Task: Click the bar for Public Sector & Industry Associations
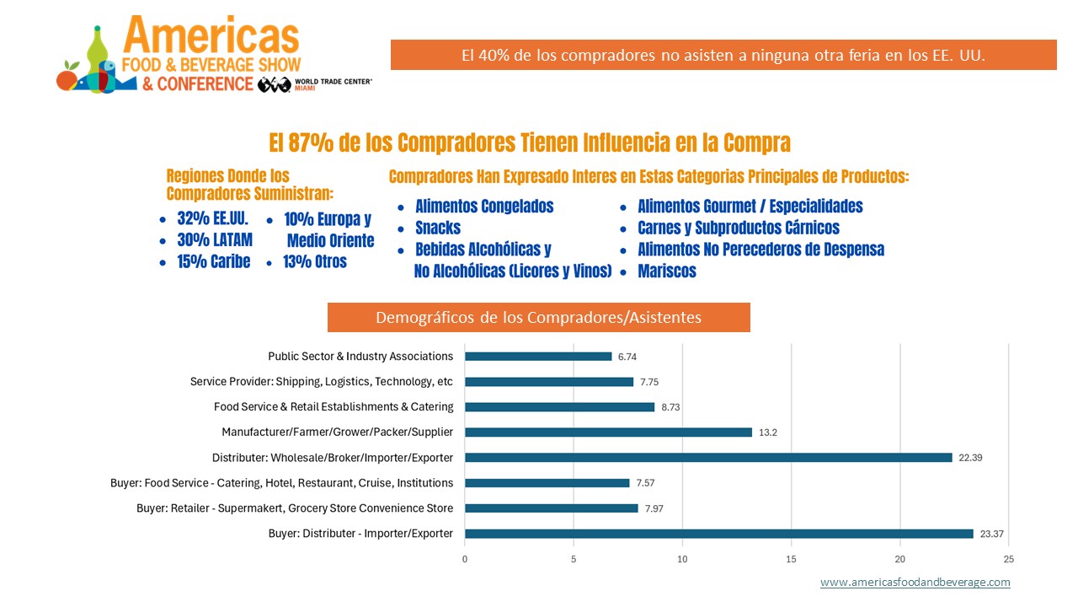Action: click(538, 357)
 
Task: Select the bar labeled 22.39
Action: click(708, 458)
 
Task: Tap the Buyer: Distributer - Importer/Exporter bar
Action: click(718, 534)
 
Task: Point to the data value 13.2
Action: click(767, 432)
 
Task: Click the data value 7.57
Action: click(646, 483)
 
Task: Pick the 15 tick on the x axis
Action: click(792, 559)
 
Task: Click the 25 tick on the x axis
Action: click(1009, 559)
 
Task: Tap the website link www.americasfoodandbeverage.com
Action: click(915, 583)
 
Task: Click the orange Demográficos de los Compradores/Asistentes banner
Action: click(538, 318)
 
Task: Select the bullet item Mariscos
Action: click(667, 271)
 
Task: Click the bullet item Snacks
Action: click(438, 228)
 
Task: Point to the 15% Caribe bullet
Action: click(213, 261)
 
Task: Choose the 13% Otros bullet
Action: click(316, 261)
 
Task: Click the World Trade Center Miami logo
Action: click(316, 84)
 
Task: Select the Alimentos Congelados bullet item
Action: click(484, 207)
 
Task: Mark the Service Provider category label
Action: click(322, 382)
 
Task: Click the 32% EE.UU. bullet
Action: click(212, 219)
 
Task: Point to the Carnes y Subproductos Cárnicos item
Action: click(739, 228)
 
